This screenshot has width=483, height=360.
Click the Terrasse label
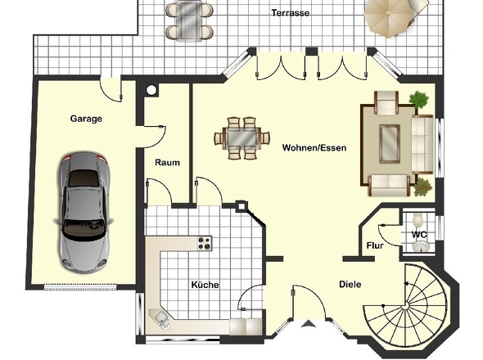coord(291,14)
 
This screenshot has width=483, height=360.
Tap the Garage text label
coord(85,119)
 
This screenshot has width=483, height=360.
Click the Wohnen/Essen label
coord(314,148)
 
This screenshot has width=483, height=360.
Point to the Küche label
coord(204,285)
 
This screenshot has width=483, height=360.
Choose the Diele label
coord(350,285)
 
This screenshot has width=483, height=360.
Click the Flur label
coord(374,245)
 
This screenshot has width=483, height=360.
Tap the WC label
coord(418,236)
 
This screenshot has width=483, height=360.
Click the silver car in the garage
coord(82,210)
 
